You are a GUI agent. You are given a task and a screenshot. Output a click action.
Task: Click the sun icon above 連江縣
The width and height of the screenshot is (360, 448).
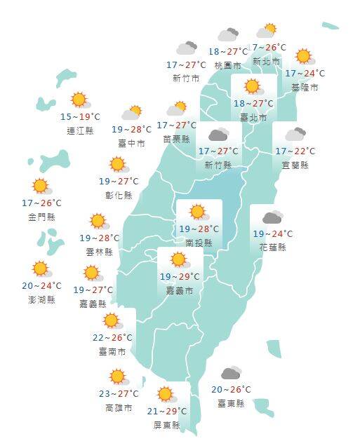pos(78,100)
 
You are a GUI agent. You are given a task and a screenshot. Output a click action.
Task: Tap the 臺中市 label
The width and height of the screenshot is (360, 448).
pos(132,143)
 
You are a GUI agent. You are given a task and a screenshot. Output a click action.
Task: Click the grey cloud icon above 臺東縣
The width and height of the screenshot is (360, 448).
pos(231,373)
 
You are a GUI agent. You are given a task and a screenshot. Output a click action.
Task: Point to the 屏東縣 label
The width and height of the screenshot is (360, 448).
pos(166,425)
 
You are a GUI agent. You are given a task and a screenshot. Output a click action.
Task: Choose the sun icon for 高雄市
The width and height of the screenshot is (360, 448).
pos(117,377)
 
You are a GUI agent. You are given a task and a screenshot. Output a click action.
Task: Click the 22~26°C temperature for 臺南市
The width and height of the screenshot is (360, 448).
pos(112,337)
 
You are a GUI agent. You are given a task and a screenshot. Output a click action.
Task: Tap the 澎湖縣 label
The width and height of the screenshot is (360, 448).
pos(41,299)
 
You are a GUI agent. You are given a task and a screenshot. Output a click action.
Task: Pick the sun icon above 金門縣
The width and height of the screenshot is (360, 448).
pos(41,186)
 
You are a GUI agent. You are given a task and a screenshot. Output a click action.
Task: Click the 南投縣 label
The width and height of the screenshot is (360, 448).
pos(199,242)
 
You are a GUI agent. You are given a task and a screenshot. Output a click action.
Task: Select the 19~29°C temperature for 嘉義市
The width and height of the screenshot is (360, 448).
pos(179,276)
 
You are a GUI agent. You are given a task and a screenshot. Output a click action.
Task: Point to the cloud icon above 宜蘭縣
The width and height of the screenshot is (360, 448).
pos(295,134)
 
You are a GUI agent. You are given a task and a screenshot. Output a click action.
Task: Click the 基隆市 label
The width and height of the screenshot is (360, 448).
pos(305,87)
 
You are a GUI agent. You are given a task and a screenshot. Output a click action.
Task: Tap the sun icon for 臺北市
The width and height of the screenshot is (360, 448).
pos(252,87)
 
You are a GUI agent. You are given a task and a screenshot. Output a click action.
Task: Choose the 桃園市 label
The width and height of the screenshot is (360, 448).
pos(228,65)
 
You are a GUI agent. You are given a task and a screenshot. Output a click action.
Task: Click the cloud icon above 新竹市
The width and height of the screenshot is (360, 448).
pos(187,48)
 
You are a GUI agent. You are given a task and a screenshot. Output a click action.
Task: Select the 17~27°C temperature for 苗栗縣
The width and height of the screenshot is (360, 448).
pos(176,125)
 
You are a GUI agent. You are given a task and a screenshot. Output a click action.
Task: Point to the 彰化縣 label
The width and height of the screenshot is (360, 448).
pos(119,195)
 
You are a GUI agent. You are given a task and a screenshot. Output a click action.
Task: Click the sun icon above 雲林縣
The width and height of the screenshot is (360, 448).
pos(98,222)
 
